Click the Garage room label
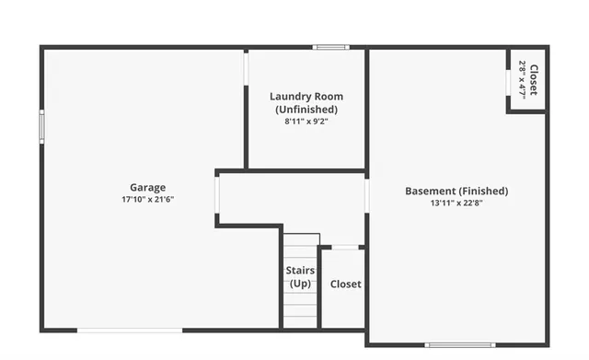point(147,188)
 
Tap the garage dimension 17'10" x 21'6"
point(147,200)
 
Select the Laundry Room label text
point(306,97)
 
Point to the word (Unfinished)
point(306,110)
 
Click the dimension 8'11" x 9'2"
point(306,121)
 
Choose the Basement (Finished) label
point(456,192)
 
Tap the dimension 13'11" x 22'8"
point(456,203)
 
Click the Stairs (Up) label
point(300,277)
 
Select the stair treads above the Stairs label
point(300,249)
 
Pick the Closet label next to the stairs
point(345,285)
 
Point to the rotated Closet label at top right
point(533,79)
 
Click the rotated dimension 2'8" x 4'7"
point(523,79)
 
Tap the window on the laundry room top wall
point(329,47)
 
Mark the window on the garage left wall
point(40,126)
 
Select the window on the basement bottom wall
point(457,345)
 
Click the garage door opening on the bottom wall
point(130,330)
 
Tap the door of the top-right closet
point(508,80)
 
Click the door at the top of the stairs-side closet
point(345,247)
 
